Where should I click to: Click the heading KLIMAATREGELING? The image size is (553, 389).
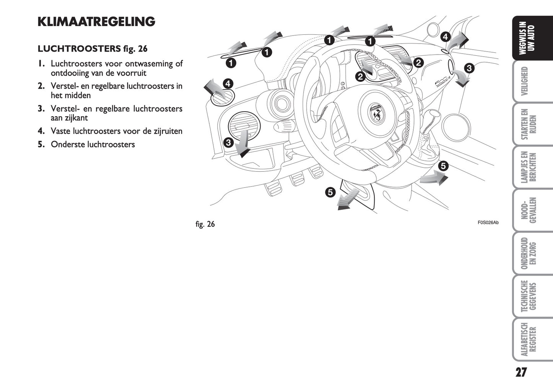[x=96, y=22]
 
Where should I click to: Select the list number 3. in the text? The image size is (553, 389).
[x=41, y=109]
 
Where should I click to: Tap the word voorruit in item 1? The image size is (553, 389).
[x=132, y=73]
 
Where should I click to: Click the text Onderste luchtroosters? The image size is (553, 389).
[x=93, y=144]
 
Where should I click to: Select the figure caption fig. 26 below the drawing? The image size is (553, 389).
[x=205, y=224]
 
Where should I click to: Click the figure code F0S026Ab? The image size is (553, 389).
[x=488, y=223]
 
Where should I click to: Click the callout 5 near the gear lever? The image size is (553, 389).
[x=443, y=166]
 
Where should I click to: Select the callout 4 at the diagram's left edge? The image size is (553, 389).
[x=227, y=83]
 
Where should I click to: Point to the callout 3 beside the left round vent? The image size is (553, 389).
[x=228, y=143]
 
